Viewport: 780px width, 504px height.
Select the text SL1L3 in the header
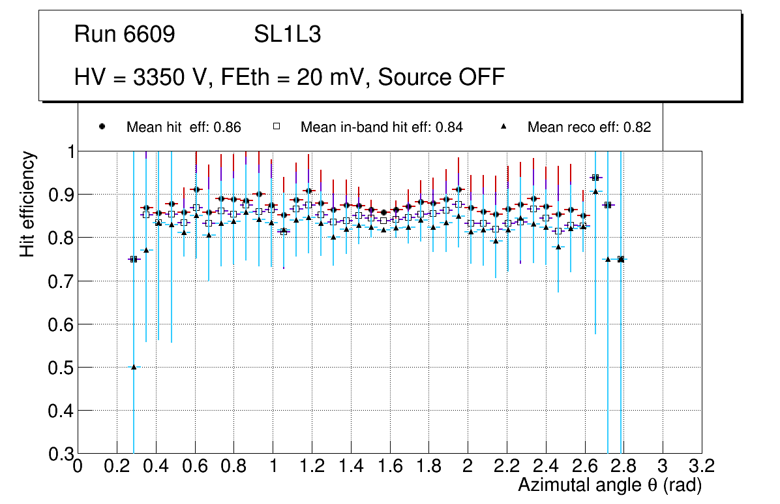(287, 35)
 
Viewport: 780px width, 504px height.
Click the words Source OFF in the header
(442, 77)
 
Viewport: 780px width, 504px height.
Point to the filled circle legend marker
(102, 127)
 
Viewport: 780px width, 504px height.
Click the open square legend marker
(277, 127)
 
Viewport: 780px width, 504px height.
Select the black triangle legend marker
(504, 127)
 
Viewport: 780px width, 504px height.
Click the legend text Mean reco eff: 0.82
(589, 127)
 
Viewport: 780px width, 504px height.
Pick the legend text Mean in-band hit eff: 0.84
(382, 127)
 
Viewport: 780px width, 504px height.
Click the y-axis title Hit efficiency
(27, 204)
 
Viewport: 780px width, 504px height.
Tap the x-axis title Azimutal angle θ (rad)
(609, 485)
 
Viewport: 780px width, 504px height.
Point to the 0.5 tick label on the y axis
(60, 368)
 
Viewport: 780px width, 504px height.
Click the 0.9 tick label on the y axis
(60, 195)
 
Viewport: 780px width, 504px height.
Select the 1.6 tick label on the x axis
(389, 465)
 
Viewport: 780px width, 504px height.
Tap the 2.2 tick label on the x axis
(506, 465)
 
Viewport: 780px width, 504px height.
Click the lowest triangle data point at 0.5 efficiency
(134, 367)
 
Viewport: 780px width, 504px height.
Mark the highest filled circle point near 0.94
(595, 177)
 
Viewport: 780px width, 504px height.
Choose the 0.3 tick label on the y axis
(60, 454)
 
